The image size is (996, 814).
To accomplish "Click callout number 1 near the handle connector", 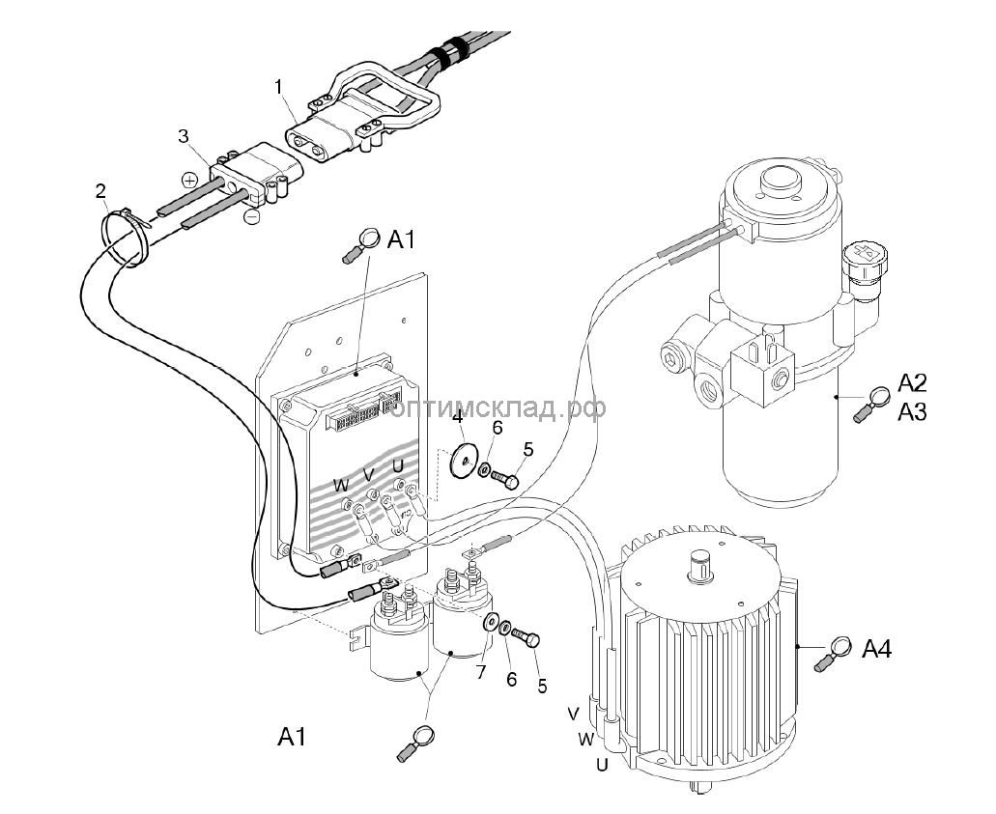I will point(278,87).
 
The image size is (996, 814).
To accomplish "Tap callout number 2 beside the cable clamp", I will point(101,190).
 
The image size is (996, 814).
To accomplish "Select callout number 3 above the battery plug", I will point(183,135).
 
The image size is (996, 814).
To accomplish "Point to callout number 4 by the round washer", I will point(458,418).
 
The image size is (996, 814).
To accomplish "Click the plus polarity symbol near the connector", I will point(189,181).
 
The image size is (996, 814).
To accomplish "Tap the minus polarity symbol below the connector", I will point(250,218).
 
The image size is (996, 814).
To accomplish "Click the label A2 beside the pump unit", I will point(912,380).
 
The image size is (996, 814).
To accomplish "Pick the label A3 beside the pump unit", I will point(912,412).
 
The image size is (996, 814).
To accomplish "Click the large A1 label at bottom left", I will point(292,738).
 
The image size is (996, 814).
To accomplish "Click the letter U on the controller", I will point(397,467).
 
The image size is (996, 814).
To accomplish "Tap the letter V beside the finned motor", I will point(573,714).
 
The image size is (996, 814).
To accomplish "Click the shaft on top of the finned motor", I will point(698,564).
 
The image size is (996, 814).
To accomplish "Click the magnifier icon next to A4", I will point(836,649).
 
